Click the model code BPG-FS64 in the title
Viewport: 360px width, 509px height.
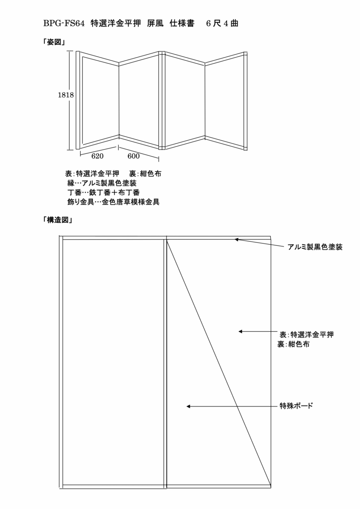(x=64, y=24)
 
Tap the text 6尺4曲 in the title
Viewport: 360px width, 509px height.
(x=222, y=24)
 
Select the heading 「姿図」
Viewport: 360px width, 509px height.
(x=54, y=42)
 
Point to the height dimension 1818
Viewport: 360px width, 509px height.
(x=66, y=95)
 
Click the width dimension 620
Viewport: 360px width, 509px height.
(x=97, y=156)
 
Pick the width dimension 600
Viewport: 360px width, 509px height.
(x=134, y=156)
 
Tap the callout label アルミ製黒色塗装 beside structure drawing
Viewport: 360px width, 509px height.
(x=315, y=247)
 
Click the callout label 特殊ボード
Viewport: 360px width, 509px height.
(x=296, y=406)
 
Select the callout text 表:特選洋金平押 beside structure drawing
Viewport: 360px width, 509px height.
(x=307, y=335)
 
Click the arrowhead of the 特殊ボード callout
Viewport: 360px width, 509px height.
(x=188, y=406)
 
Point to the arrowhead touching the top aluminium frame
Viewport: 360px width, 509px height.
(x=237, y=240)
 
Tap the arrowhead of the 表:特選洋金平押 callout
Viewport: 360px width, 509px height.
(x=240, y=332)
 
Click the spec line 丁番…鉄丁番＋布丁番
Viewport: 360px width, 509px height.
(x=103, y=193)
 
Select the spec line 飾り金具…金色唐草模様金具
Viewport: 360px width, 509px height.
(x=114, y=202)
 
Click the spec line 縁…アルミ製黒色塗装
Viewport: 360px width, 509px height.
(x=102, y=183)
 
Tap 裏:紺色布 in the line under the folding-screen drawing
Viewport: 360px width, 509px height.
(x=145, y=174)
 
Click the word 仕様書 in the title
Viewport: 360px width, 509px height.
(x=182, y=24)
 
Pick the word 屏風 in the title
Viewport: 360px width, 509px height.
(x=155, y=24)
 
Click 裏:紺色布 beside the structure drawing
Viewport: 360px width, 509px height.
(x=294, y=344)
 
